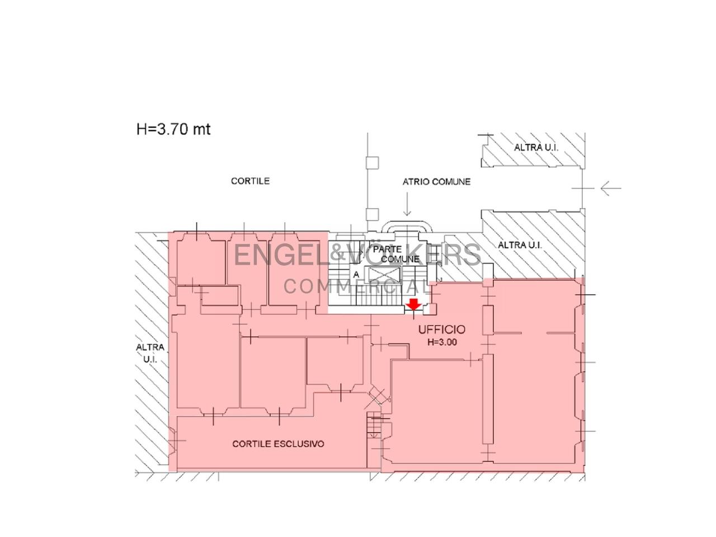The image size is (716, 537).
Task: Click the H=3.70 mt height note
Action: (x=173, y=129)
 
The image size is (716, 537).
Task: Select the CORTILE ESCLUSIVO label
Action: (x=278, y=444)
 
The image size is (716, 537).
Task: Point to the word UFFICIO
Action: (x=442, y=329)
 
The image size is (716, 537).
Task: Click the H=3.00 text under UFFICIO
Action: (x=442, y=342)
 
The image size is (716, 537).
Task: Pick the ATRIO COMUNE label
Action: (x=436, y=182)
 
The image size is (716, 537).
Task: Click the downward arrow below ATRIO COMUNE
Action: (x=407, y=204)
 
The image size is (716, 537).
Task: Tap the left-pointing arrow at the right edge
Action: (x=611, y=189)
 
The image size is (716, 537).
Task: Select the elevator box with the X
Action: (x=384, y=275)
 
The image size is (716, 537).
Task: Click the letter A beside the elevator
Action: (x=356, y=275)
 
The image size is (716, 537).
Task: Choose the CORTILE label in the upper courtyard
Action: (x=250, y=181)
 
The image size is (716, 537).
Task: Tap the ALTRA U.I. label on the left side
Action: (x=150, y=354)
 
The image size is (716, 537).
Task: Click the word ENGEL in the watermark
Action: (x=281, y=255)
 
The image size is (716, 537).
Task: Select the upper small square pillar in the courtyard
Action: (x=372, y=163)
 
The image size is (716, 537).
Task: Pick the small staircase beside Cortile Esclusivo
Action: (x=374, y=425)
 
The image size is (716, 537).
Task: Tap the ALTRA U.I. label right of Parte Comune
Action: (x=520, y=245)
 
